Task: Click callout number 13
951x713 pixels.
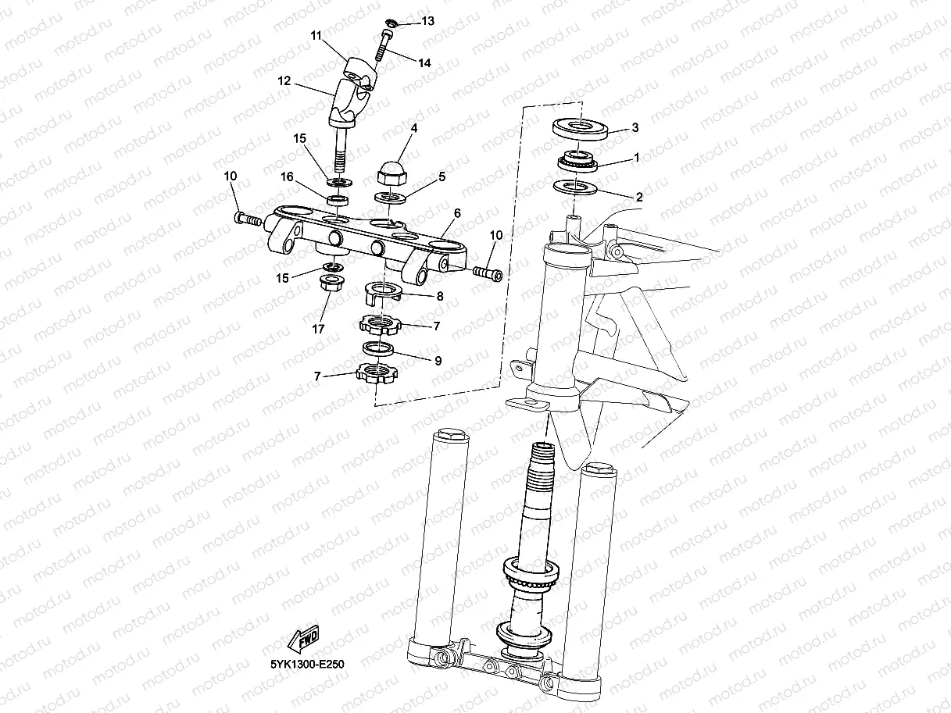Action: coord(427,21)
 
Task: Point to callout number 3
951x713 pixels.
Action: coord(635,127)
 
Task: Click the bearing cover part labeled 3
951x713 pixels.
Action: coord(581,127)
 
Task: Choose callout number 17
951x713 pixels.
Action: coord(318,329)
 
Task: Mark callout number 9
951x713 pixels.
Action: coord(438,361)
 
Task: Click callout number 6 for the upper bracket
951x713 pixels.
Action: coord(457,212)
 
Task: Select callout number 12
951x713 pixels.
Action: coord(284,80)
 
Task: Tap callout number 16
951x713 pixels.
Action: coord(288,177)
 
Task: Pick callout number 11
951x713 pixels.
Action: coord(316,36)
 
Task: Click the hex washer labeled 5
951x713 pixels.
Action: coord(390,197)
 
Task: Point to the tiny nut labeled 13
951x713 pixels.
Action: coord(393,23)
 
